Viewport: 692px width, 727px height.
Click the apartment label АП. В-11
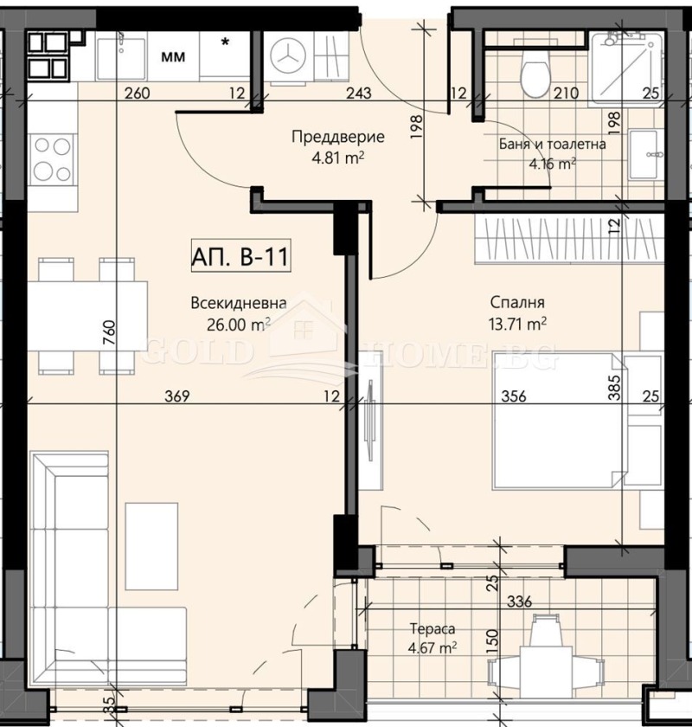pyautogui.click(x=238, y=257)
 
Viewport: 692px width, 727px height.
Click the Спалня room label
pyautogui.click(x=517, y=304)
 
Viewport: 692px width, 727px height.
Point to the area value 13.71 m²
pyautogui.click(x=517, y=324)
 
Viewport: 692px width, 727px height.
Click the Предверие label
pyautogui.click(x=338, y=137)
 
